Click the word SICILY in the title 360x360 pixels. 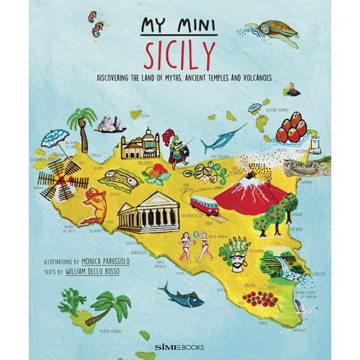click(179, 58)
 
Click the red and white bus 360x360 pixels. click(204, 204)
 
